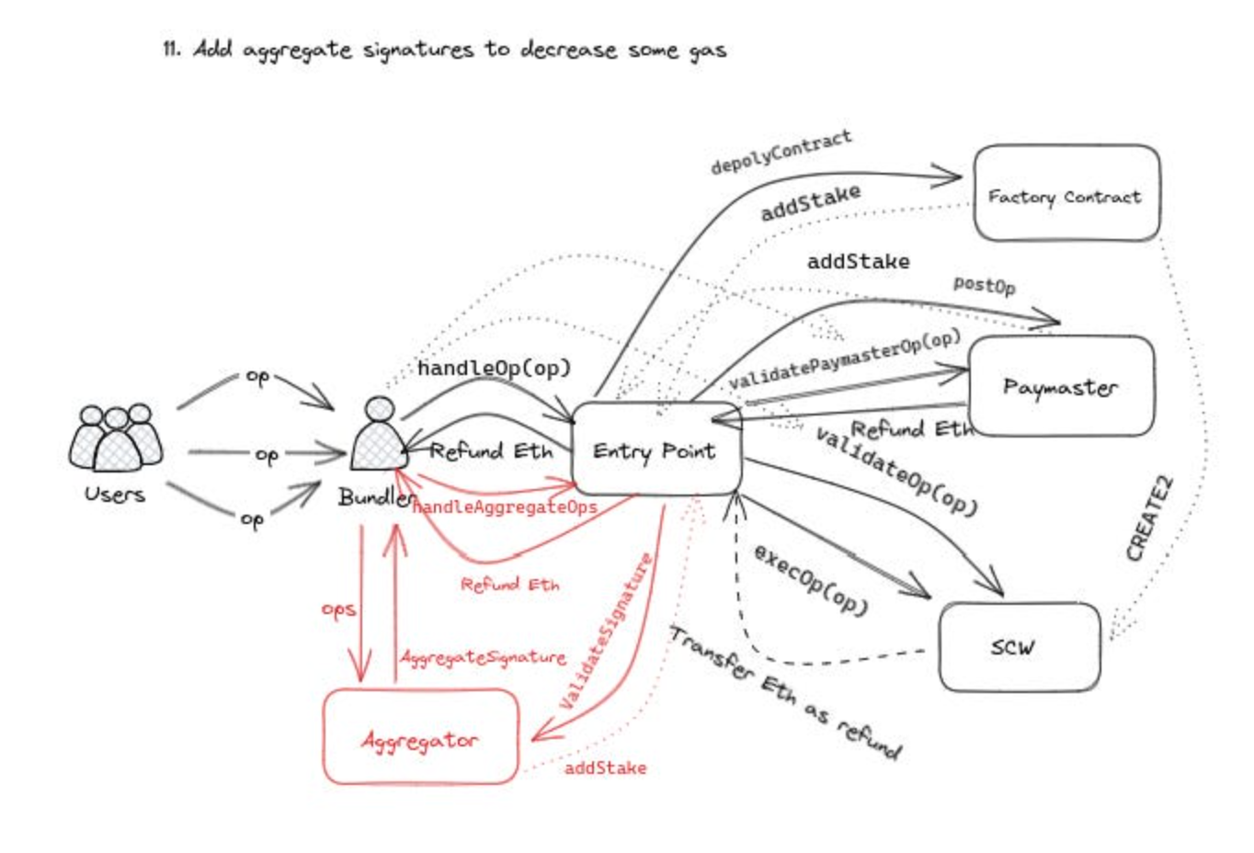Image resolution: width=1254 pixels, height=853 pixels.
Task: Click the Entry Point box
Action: pyautogui.click(x=655, y=449)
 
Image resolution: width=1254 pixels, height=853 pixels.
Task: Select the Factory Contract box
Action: pyautogui.click(x=1066, y=194)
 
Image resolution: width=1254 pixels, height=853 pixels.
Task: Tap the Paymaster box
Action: pyautogui.click(x=1060, y=386)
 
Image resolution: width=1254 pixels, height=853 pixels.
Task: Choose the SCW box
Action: pyautogui.click(x=1019, y=647)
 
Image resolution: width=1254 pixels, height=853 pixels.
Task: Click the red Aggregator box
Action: pyautogui.click(x=420, y=738)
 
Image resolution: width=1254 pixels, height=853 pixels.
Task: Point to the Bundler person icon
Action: pyautogui.click(x=378, y=433)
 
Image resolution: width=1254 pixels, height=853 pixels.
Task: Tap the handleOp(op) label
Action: pyautogui.click(x=494, y=369)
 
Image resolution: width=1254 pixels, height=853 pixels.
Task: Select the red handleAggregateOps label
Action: pyautogui.click(x=505, y=507)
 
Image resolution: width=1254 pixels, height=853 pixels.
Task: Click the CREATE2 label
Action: pyautogui.click(x=1150, y=518)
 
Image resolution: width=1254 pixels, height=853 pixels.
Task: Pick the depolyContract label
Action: pyautogui.click(x=781, y=152)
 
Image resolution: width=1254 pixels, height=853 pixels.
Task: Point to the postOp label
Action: pyautogui.click(x=984, y=285)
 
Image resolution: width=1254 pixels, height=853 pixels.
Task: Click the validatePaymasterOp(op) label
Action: pyautogui.click(x=844, y=360)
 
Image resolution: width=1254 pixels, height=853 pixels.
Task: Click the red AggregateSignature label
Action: pyautogui.click(x=483, y=657)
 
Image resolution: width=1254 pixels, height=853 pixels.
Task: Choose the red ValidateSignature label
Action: pyautogui.click(x=607, y=631)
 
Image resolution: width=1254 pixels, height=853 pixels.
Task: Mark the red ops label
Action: pyautogui.click(x=338, y=609)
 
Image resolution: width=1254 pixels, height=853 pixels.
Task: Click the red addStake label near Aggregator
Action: pyautogui.click(x=605, y=768)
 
